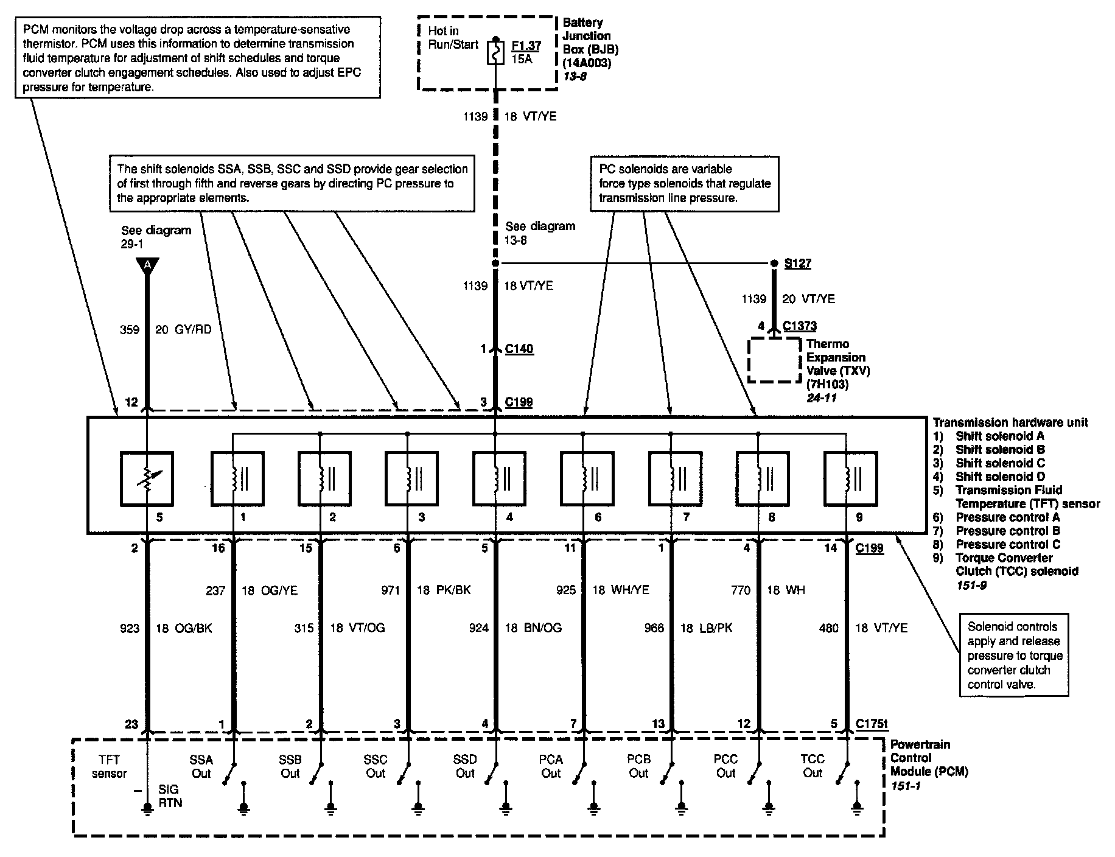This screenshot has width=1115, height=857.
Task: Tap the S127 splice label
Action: [797, 264]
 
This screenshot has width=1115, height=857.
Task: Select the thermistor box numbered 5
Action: [147, 479]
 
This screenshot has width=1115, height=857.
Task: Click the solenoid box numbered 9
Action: [850, 479]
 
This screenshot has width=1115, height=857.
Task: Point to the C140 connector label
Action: [519, 349]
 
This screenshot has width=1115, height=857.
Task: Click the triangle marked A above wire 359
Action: [147, 265]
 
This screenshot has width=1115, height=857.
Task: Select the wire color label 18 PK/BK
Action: [444, 590]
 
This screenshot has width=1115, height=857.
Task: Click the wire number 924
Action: [478, 628]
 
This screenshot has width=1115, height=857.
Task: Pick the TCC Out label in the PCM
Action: [813, 766]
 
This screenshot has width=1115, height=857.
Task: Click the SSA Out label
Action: [201, 766]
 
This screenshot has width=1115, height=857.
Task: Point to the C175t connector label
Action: [872, 724]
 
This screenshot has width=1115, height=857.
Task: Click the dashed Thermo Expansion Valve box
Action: [774, 360]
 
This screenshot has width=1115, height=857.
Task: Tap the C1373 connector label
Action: [800, 326]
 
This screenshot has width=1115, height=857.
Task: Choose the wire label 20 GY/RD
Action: [183, 330]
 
